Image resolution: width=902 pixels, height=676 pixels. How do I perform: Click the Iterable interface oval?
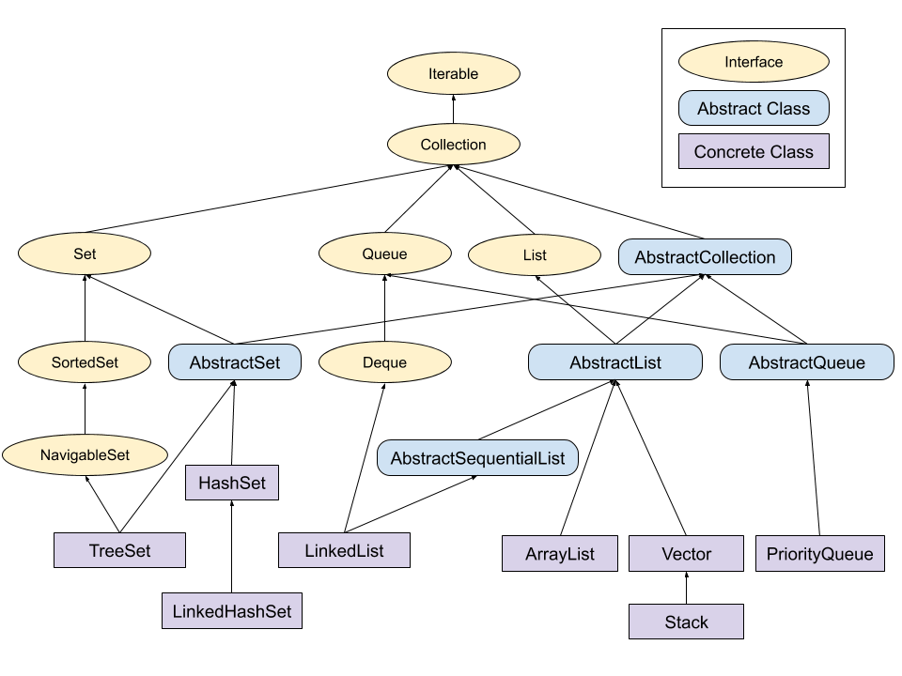coord(453,74)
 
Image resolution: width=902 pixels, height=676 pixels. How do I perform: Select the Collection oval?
coord(453,145)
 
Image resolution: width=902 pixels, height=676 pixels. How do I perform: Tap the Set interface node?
coord(85,253)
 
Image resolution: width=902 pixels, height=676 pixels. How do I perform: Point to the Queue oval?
coord(384,253)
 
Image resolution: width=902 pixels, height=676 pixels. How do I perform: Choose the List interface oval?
coord(534,254)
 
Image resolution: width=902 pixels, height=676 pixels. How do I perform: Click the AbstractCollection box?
coord(705,257)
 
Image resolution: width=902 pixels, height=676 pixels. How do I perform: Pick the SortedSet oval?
coord(85,362)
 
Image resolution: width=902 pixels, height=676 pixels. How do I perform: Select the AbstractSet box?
coord(235,362)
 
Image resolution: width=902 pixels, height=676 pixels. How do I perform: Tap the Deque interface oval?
coord(384,362)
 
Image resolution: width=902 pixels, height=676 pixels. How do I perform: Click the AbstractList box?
coord(614,362)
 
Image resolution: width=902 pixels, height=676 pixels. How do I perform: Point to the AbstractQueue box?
coord(806,362)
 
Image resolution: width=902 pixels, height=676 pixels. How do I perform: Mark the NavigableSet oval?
coord(85,455)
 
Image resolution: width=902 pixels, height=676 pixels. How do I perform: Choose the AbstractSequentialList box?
coord(477,458)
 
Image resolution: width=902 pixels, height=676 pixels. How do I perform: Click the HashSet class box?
coord(232,484)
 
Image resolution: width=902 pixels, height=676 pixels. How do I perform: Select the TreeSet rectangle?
coord(119,550)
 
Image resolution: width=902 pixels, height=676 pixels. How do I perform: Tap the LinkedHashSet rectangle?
coord(231,611)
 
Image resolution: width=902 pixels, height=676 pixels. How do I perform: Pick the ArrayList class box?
coord(560,554)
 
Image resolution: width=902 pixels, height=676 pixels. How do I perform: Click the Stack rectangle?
coord(686,622)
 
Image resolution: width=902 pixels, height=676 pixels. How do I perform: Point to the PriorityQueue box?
coord(819,554)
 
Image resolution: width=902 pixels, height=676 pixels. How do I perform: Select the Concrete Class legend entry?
coord(754,151)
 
